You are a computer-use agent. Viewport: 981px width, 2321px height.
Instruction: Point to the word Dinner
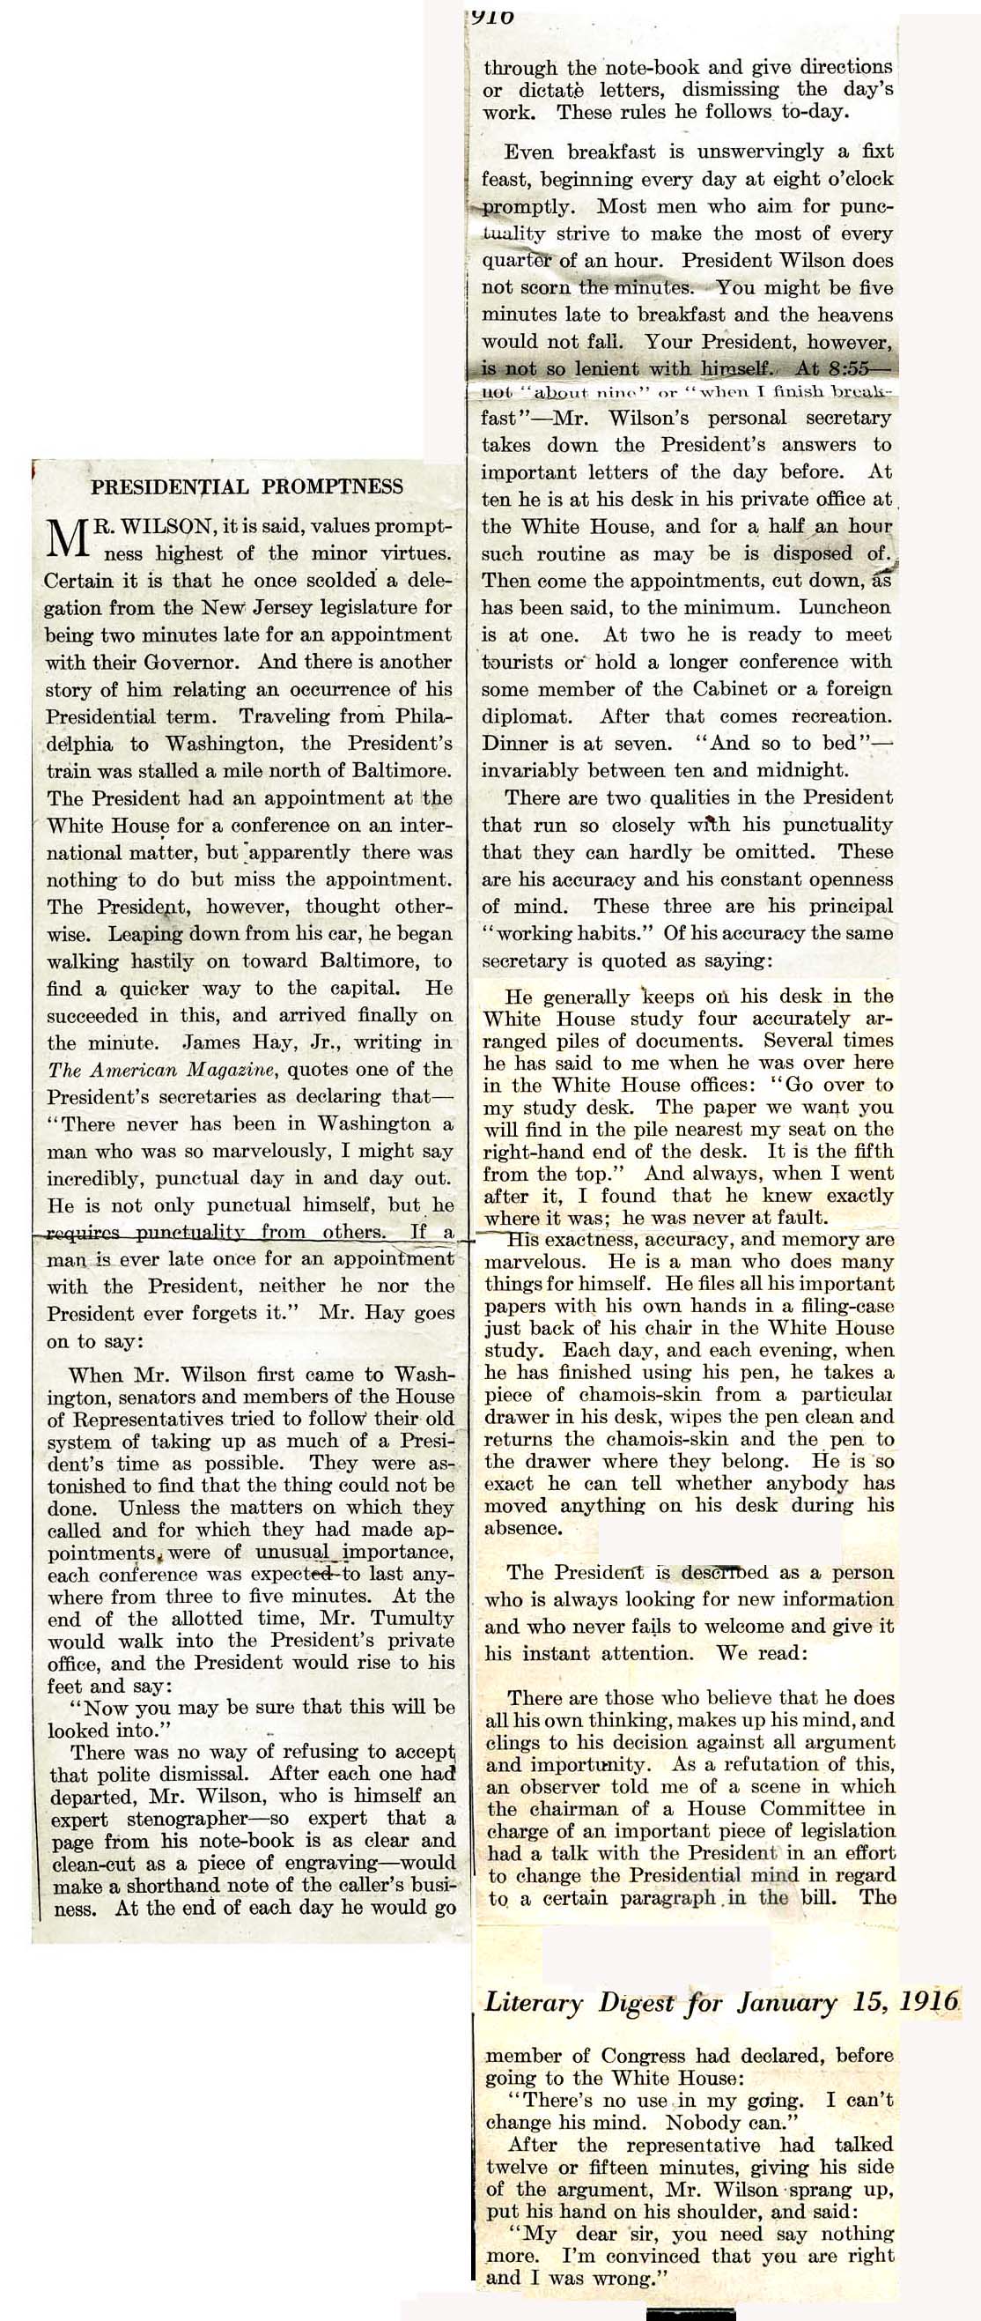[513, 744]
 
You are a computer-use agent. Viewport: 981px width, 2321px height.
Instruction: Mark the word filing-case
[845, 1306]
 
